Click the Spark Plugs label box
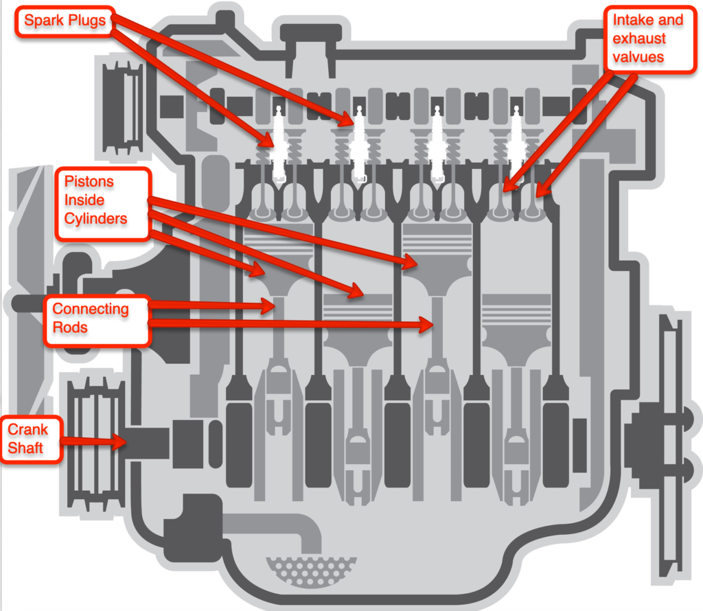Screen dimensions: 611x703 click(65, 20)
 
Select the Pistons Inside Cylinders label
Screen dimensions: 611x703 click(102, 200)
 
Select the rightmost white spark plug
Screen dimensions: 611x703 click(514, 144)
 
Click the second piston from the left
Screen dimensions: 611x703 click(356, 323)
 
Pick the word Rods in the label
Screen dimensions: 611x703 click(70, 327)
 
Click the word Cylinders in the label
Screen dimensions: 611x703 click(96, 218)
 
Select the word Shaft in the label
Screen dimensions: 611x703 click(25, 448)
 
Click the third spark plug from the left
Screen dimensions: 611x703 click(437, 144)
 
